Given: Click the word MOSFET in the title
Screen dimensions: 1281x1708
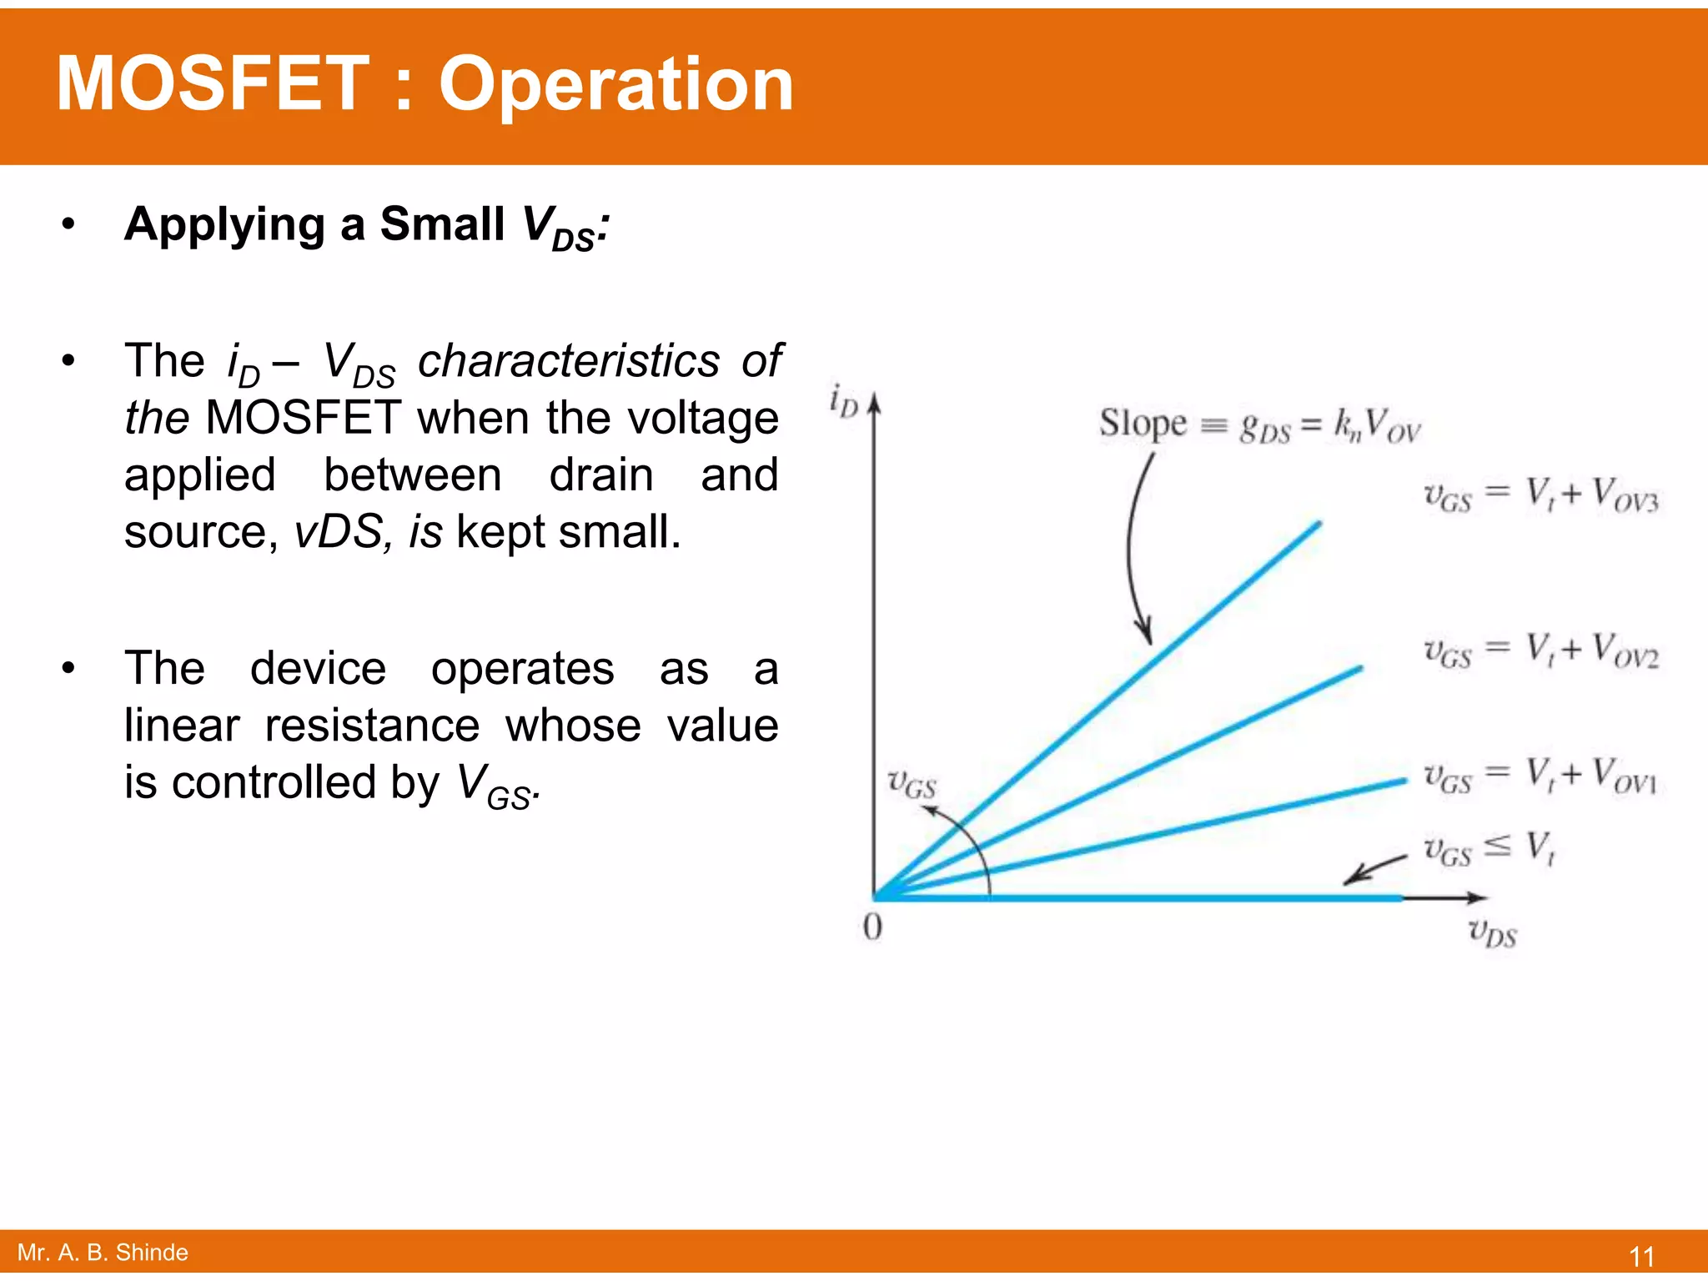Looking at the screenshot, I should click(x=213, y=83).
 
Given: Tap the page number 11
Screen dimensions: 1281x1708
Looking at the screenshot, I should click(x=1641, y=1256).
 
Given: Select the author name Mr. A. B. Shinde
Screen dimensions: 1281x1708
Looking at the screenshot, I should click(x=103, y=1253).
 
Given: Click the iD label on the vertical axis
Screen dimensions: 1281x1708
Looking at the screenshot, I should click(x=843, y=400).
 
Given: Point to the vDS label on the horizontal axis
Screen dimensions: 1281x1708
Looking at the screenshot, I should click(x=1492, y=933).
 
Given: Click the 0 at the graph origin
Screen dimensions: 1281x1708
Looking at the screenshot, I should click(x=872, y=927).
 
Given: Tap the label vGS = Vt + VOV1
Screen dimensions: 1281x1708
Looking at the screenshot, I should click(x=1540, y=775).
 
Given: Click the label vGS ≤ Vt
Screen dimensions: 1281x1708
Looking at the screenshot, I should click(x=1489, y=848).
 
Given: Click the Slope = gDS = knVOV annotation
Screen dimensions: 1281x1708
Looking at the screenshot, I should click(x=1258, y=424).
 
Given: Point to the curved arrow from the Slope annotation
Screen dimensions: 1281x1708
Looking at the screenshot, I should click(x=1133, y=550).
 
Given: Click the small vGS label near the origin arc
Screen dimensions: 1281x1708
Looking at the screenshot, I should click(x=912, y=784).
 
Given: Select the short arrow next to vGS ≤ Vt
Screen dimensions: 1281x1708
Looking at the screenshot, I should click(x=1374, y=869).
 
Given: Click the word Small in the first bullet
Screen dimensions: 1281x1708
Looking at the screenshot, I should click(x=442, y=224).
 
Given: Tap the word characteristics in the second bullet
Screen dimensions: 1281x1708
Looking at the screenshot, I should click(x=569, y=361).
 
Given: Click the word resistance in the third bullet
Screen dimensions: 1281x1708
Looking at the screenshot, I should click(x=372, y=725).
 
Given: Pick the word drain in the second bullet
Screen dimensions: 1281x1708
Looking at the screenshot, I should click(x=601, y=475).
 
